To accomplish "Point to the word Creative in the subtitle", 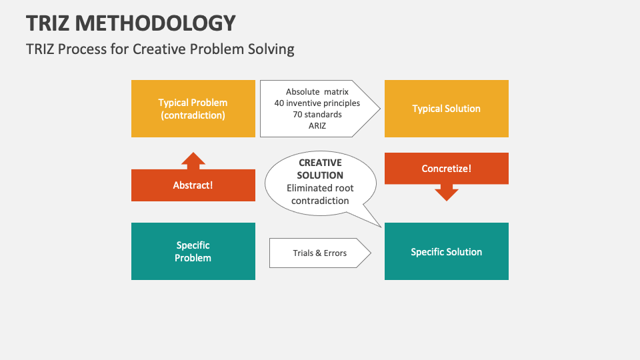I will point(163,49).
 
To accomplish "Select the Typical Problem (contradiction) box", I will point(193,109).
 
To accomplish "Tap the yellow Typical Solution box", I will point(446,109).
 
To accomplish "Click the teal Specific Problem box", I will point(193,251).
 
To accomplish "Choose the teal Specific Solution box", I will point(446,251).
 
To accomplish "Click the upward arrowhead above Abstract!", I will point(193,160).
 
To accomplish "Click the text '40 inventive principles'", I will point(317,103).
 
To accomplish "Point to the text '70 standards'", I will point(317,114).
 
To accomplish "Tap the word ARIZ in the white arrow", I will point(317,125).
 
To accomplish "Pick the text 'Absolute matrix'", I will point(317,92).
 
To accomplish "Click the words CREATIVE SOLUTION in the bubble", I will point(320,169).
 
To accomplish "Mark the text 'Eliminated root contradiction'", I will point(320,194).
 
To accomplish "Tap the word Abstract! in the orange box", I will point(193,185).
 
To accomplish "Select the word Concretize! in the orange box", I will point(446,169).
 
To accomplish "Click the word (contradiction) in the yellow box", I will point(193,115).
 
